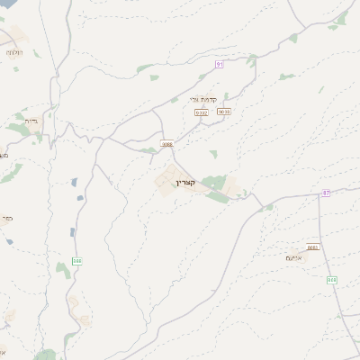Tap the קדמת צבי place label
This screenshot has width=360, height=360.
coord(204,99)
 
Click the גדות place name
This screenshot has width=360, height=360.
coord(31,120)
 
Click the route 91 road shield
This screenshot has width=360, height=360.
coord(219,64)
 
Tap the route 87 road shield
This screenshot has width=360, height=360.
coord(326,193)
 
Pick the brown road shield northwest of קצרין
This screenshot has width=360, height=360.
coord(166,144)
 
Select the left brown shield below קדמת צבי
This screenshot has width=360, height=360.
coord(202,112)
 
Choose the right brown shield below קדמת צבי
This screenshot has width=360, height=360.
coord(224,112)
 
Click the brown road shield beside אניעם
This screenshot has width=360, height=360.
coord(312,247)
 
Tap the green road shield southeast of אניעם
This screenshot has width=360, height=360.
coord(332,280)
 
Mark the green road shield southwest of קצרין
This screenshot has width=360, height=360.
coord(77,261)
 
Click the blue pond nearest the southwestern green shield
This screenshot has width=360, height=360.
coord(73,231)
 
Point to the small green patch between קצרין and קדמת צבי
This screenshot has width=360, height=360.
coord(212,154)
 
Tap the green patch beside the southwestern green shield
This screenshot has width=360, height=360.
coord(62,268)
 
